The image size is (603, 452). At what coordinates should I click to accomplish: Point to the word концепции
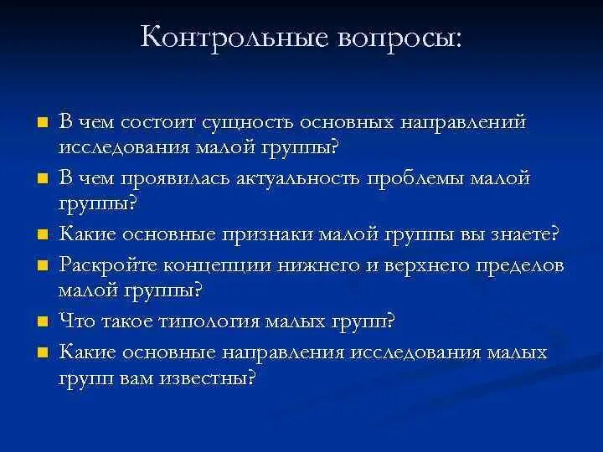[x=217, y=266]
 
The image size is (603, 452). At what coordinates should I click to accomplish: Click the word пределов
[x=514, y=266]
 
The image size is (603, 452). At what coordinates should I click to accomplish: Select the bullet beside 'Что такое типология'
[x=40, y=321]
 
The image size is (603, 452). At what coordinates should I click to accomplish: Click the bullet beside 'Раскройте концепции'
[x=40, y=265]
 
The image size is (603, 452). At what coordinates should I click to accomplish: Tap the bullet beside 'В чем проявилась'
[x=40, y=177]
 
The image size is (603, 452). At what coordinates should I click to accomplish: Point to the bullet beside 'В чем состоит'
[x=40, y=121]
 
